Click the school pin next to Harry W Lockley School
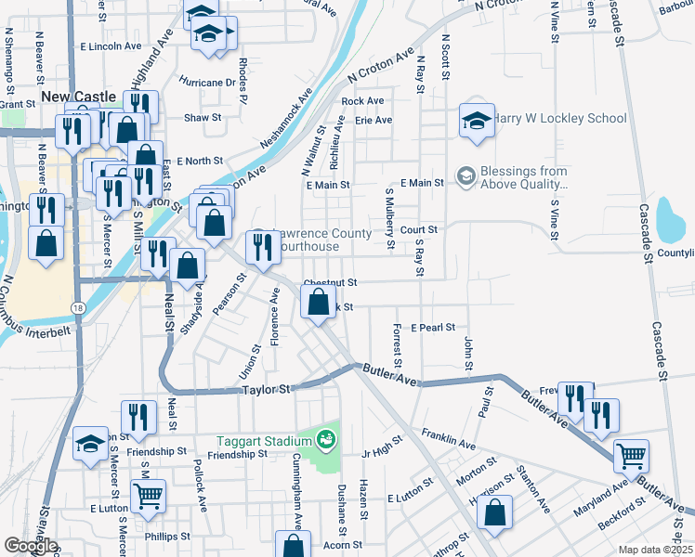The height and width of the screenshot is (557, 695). pos(477,121)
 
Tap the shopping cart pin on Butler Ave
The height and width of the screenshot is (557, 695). pos(632,456)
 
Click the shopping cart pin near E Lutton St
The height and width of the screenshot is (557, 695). pos(149,497)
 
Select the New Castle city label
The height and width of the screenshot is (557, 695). pos(78,97)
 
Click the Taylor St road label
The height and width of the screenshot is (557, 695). pos(267,390)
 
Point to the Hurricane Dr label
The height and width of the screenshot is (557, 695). pos(207,82)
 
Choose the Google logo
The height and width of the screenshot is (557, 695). pos(31,546)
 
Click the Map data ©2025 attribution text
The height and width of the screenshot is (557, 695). pos(655,550)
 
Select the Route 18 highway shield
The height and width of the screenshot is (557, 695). pos(75,305)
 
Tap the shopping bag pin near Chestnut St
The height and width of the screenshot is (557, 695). pos(319,302)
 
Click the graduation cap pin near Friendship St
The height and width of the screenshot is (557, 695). pos(91,445)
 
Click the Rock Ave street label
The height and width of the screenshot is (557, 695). pos(362,101)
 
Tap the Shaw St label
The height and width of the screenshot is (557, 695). pos(203,118)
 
